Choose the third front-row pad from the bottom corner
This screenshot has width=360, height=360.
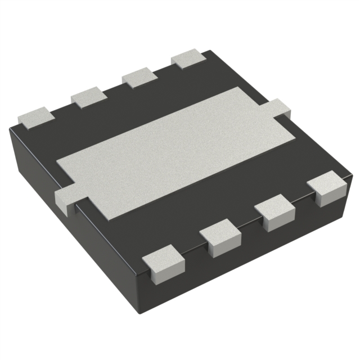[275, 212]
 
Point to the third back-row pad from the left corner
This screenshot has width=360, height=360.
[139, 76]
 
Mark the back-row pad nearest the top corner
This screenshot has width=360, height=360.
[190, 58]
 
